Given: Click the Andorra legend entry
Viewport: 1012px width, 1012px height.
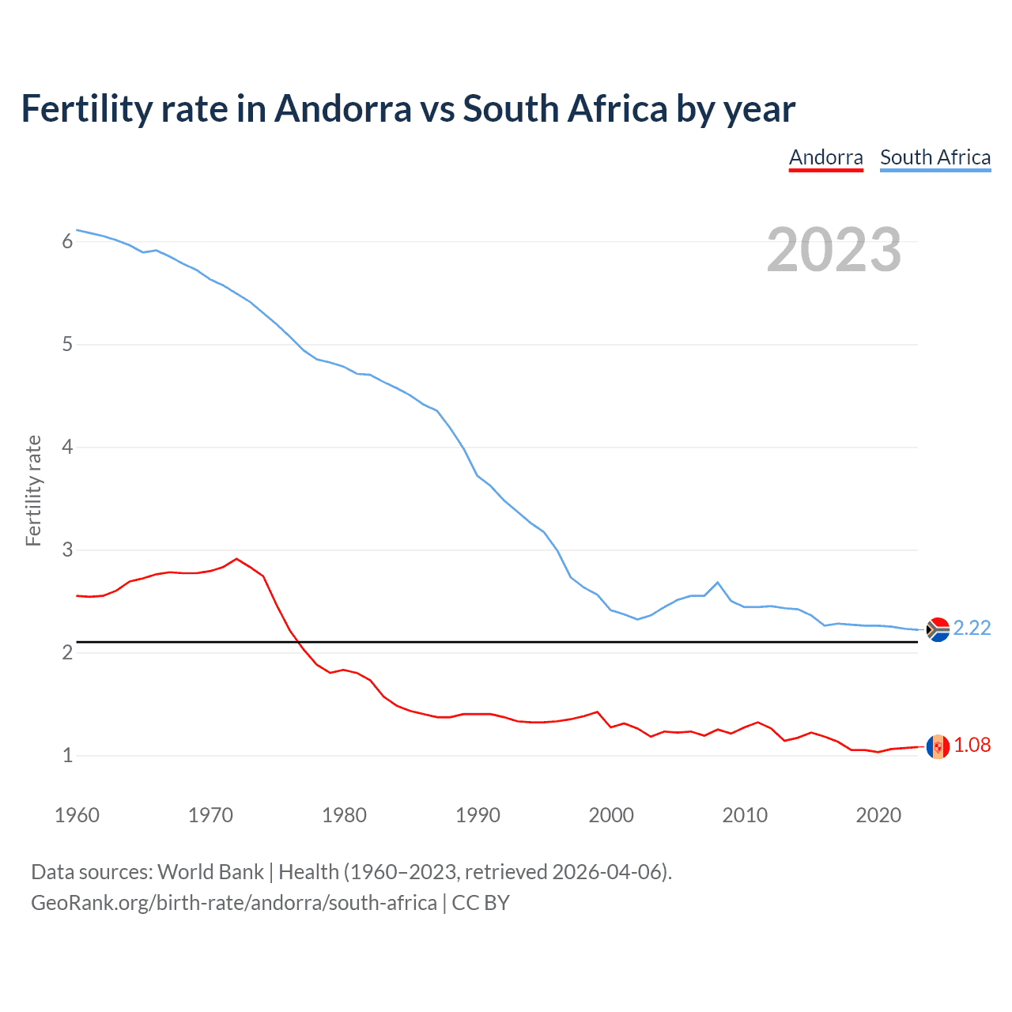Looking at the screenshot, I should [x=825, y=157].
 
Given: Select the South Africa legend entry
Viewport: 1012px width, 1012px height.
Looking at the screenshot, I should [x=935, y=157].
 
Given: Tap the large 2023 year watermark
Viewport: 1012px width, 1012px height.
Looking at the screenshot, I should [x=833, y=250].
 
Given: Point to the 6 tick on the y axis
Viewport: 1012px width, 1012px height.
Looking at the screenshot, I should [x=67, y=241].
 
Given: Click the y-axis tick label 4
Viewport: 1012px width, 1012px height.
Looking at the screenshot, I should [x=67, y=447].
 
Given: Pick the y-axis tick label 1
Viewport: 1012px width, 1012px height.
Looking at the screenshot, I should [x=67, y=755].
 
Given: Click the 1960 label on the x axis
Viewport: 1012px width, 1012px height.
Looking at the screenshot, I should [x=77, y=815].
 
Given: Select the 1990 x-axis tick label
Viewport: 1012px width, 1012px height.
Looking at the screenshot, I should [x=478, y=815].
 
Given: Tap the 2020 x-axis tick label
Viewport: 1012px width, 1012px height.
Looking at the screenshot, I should [x=878, y=815].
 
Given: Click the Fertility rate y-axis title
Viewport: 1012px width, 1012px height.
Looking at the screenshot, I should [x=33, y=490].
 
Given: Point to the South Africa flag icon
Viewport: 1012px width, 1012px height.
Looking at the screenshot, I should [x=938, y=629].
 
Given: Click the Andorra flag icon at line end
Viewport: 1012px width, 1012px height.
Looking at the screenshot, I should [x=938, y=746].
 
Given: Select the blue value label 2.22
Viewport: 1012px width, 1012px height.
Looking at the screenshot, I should [x=972, y=628].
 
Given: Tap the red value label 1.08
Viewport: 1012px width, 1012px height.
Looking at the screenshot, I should [x=972, y=745].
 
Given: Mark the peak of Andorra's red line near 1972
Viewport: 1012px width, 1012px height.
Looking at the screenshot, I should [x=236, y=559].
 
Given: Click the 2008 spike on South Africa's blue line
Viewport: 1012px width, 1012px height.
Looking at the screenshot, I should [x=717, y=583].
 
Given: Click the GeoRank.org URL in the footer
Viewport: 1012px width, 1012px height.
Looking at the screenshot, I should [x=233, y=903].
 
